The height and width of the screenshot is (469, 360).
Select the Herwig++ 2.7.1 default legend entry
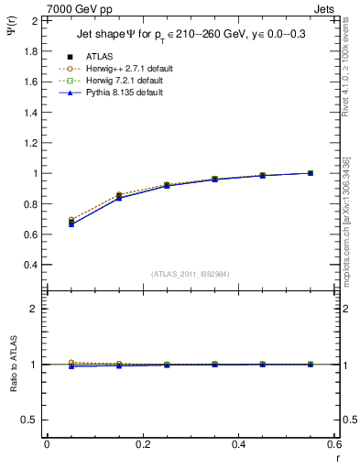pyautogui.click(x=125, y=69)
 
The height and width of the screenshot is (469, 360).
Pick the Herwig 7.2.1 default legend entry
pyautogui.click(x=123, y=81)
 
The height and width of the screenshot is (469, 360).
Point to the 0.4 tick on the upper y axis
pyautogui.click(x=31, y=265)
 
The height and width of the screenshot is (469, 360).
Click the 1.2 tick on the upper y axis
pyautogui.click(x=31, y=143)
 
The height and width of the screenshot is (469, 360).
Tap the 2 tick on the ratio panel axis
pyautogui.click(x=35, y=309)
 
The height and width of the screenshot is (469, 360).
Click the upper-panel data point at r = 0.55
pyautogui.click(x=311, y=173)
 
